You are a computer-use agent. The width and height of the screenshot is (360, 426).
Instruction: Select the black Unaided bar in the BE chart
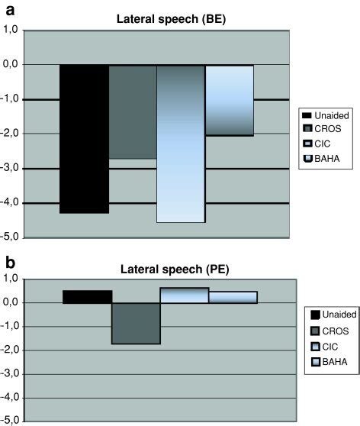click(x=84, y=138)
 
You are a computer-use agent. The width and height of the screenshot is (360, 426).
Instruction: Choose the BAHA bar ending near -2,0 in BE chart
click(x=230, y=100)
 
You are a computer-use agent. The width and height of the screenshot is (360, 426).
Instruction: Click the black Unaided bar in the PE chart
click(x=87, y=296)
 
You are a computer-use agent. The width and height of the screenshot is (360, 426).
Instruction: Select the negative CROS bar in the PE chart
click(x=136, y=323)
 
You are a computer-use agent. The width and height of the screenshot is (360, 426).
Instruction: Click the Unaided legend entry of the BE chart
click(x=326, y=115)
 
